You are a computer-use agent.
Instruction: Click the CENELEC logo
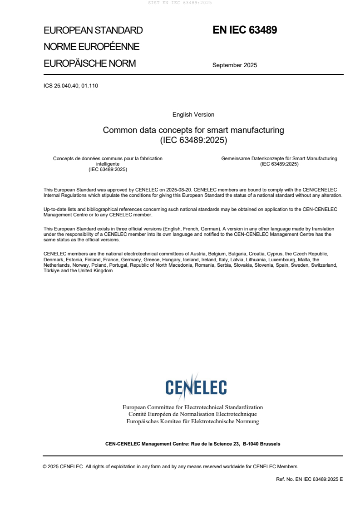pos(196,387)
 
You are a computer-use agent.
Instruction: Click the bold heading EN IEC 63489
pos(245,30)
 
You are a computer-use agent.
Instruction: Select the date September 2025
pos(235,65)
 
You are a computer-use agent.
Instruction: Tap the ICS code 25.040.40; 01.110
pos(71,85)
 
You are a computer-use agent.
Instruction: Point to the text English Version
pos(193,115)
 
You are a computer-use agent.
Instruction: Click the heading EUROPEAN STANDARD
pos(93,30)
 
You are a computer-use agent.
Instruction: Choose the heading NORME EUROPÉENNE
pos(91,47)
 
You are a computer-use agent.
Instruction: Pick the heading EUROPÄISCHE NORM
pos(89,64)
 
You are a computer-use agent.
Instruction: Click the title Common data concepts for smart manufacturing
pos(193,130)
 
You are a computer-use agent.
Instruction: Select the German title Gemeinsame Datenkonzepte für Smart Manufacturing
pos(279,158)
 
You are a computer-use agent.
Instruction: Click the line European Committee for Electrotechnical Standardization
pos(192,407)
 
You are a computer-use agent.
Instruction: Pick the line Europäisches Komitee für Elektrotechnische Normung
pos(192,421)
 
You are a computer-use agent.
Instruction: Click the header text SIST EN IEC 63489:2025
pos(180,3)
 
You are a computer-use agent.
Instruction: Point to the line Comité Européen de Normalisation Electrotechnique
pos(192,414)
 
